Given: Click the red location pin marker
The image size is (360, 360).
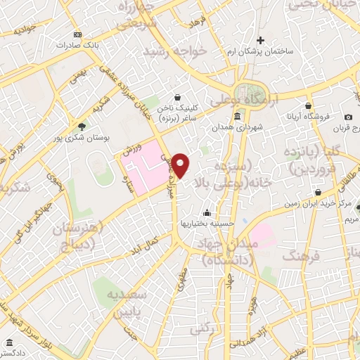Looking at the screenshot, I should (x=181, y=165).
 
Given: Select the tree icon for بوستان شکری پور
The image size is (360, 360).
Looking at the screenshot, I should (x=82, y=127).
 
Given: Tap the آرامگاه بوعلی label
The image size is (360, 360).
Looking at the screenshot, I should (x=261, y=99).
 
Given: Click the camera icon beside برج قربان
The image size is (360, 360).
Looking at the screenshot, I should (x=348, y=117).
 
